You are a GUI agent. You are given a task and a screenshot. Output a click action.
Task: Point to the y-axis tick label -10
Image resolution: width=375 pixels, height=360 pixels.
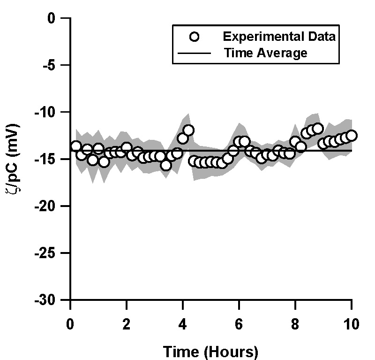click(53, 112)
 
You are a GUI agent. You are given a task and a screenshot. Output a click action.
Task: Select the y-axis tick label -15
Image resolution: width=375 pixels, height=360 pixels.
click(53, 159)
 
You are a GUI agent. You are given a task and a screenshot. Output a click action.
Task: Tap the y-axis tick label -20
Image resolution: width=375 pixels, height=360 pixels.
click(53, 206)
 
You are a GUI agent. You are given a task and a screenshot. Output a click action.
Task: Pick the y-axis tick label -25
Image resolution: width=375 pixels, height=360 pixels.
click(53, 253)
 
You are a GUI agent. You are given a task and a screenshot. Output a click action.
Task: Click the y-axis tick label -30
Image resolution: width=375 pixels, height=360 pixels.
click(53, 300)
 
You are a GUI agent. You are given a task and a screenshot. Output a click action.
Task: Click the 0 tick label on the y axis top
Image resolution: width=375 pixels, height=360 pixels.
click(59, 18)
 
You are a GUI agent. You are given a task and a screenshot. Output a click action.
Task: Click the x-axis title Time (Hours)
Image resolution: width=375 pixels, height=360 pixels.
click(210, 351)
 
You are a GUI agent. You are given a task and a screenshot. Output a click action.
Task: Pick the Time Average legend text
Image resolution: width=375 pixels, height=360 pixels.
click(265, 53)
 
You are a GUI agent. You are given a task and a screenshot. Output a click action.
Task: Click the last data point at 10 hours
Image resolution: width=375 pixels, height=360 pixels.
click(352, 136)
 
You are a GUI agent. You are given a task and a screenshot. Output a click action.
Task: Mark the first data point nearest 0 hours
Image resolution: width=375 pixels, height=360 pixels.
click(76, 146)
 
